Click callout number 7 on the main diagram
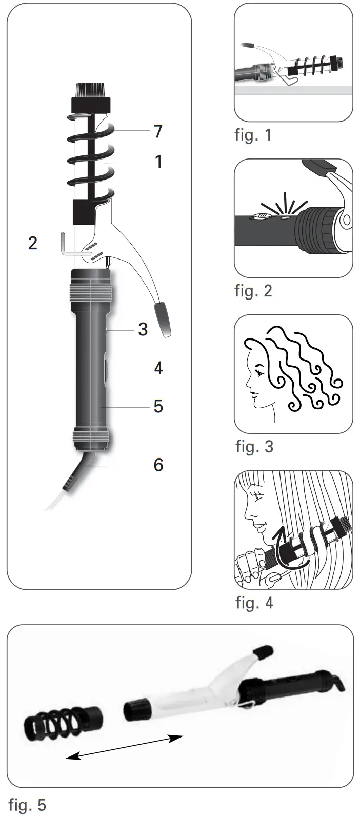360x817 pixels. [158, 131]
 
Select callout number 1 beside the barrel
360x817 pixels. [158, 162]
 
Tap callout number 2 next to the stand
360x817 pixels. [33, 243]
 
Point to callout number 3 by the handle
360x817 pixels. [143, 329]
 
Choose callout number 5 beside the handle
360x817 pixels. [158, 406]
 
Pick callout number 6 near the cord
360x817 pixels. [158, 465]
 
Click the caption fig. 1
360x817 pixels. [253, 135]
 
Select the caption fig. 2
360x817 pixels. [253, 291]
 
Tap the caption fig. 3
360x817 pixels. [254, 447]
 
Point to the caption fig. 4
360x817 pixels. [254, 603]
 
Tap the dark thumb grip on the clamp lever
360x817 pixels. [163, 320]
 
